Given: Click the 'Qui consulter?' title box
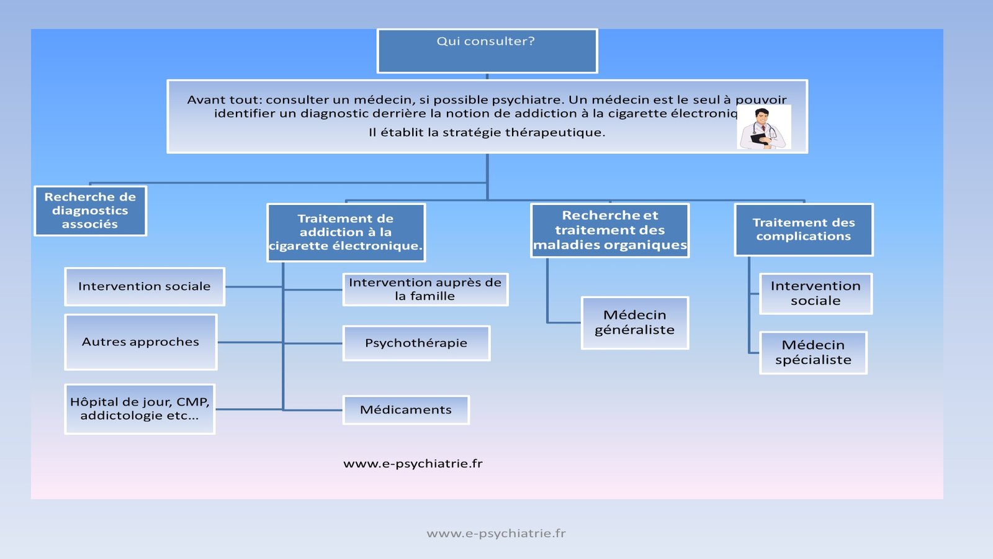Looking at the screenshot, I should point(487,51).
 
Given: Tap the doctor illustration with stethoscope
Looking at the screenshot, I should point(764,127).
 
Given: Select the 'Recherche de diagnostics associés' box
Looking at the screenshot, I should point(90,211).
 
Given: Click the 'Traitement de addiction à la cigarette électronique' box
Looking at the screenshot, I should point(346,232).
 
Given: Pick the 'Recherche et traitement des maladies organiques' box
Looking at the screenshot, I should point(610,230).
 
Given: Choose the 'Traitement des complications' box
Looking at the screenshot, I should point(804,230).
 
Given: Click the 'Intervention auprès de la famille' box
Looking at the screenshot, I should point(425,289).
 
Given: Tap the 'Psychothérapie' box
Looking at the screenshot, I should point(416,343).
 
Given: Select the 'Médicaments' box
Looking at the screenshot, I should point(406,410).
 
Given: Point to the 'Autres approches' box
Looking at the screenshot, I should point(141,342).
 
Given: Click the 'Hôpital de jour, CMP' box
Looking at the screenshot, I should point(140,409).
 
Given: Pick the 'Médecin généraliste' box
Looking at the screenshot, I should point(635,322).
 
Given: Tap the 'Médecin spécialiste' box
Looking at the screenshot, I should point(813,352).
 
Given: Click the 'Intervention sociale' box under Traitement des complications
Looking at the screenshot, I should point(816,293).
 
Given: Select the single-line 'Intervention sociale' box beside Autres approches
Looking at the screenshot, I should point(145,286).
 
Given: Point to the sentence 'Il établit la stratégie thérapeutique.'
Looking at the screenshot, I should point(487,132).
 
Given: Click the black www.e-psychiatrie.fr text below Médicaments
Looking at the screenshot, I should point(413,463).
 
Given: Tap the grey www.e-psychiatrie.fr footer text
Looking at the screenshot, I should point(496,533).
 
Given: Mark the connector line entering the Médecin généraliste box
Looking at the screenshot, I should point(564,322).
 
